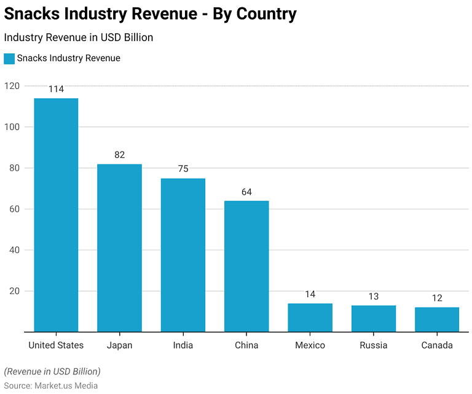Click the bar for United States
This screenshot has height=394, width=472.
pos(56,215)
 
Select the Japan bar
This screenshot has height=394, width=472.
pos(119,248)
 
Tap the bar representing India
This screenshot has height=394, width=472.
pos(183,255)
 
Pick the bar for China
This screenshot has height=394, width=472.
pos(246,266)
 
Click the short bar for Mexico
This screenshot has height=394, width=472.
pos(310,317)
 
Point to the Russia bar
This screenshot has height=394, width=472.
pos(374,319)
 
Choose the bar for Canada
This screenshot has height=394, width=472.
pos(437,319)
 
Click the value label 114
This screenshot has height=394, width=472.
pos(56,89)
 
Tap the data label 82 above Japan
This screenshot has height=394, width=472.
pos(119,155)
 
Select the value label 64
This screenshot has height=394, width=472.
pos(246,192)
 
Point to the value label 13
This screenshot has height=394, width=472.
pos(374,296)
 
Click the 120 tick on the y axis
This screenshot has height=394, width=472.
pos(12,86)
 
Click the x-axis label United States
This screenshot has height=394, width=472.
pos(56,345)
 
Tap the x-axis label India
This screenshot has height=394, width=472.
pos(183,345)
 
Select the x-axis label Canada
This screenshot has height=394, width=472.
pos(437,345)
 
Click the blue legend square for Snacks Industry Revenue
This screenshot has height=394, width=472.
pos(9,58)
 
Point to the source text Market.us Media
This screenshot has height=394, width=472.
pos(66,385)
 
